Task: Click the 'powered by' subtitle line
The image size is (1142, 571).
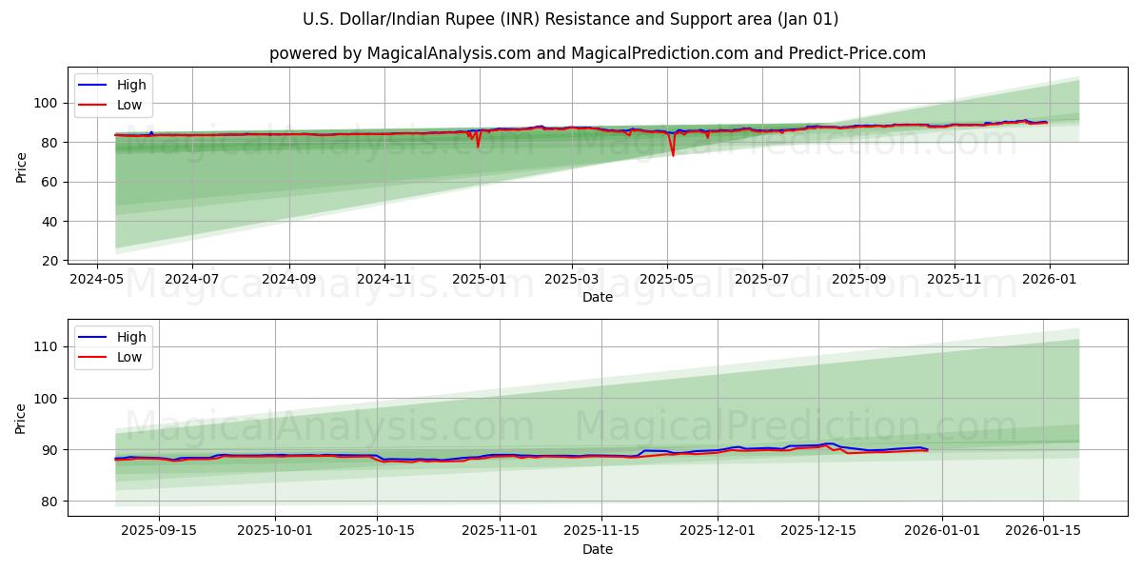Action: [x=597, y=53]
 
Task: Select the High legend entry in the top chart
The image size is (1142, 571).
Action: [x=130, y=86]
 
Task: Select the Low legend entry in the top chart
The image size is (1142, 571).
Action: [x=128, y=106]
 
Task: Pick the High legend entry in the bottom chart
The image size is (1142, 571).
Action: [x=130, y=337]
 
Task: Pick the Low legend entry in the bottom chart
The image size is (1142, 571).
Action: [x=128, y=357]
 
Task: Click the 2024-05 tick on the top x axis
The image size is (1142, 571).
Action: [x=96, y=280]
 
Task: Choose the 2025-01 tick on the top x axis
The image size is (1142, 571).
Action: [x=479, y=280]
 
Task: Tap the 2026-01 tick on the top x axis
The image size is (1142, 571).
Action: [x=1049, y=280]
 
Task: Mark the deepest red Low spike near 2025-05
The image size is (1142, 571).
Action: [x=673, y=154]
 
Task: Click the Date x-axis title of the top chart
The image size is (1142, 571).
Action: [x=597, y=297]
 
